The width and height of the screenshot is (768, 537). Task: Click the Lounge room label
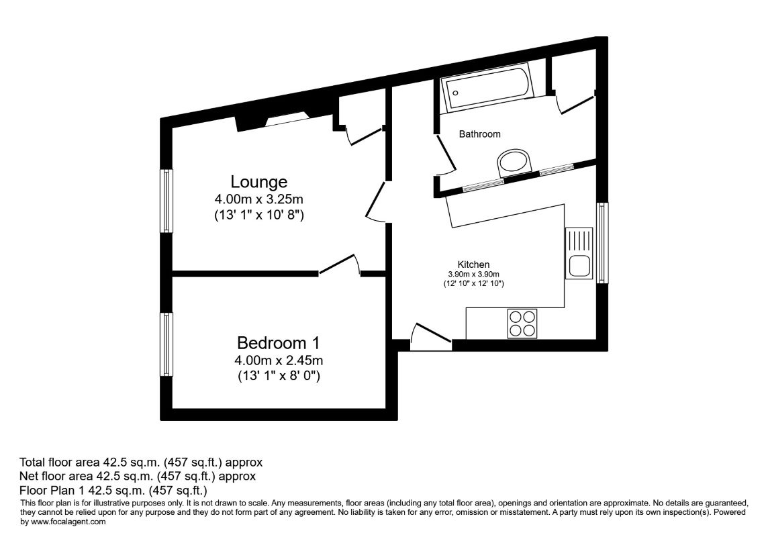click(x=258, y=182)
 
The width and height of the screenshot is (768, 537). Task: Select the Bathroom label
click(x=479, y=134)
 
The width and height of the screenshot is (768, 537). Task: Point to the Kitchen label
click(x=473, y=264)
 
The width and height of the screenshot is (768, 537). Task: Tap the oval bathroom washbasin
click(x=514, y=162)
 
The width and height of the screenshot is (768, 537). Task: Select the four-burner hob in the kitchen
click(x=522, y=323)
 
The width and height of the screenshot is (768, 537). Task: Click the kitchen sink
click(x=579, y=253)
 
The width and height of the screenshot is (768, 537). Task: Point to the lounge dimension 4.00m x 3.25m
click(x=258, y=199)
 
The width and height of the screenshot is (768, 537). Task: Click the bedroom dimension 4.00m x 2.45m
click(x=278, y=360)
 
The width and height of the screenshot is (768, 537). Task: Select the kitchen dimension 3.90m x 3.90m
click(x=473, y=274)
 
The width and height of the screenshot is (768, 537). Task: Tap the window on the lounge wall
click(x=166, y=201)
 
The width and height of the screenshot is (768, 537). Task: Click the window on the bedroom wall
click(x=166, y=344)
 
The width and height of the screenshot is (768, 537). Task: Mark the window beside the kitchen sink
click(x=602, y=242)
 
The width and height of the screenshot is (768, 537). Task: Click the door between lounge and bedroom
click(x=339, y=266)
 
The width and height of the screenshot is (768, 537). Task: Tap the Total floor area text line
click(x=141, y=462)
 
